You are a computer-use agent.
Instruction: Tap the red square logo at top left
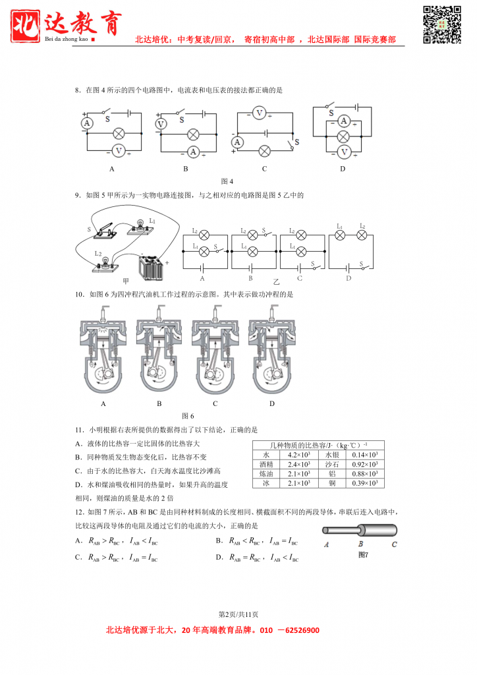pos(27,25)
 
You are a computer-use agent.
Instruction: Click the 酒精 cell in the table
pos(266,464)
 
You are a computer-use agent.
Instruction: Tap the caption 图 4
pos(227,181)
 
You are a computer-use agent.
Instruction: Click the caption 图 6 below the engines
pos(188,416)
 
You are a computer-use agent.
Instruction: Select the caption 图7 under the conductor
pos(363,555)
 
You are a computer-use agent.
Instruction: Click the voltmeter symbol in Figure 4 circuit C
pos(259,113)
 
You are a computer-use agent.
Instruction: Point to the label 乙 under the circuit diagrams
pos(267,281)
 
